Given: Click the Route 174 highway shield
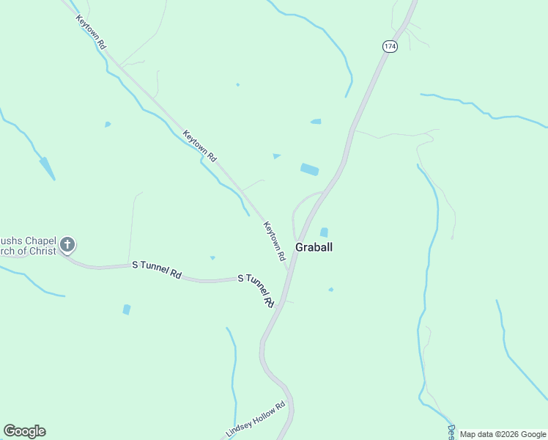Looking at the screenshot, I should pos(389,46).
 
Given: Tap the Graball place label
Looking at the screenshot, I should pos(314,247).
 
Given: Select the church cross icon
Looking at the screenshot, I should pos(67,244).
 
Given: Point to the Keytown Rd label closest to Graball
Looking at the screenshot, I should pos(275,242).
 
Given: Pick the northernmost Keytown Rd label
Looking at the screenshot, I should pos(92,31).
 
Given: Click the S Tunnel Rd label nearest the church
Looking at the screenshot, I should pos(156,269).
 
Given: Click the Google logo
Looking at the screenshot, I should pos(24,431).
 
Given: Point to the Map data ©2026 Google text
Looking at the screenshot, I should pos(503,434).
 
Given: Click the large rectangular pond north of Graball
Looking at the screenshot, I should pos(309,169).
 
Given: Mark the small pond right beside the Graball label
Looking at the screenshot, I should pos(324,232).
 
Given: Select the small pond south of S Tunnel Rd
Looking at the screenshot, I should pos(127,309).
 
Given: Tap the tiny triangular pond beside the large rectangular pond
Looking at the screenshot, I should pos(276,155).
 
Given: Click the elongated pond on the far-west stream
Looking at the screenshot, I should pos(47,168).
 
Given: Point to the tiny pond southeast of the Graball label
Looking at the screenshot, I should pos(330,290).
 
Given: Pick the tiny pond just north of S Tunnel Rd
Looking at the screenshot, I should pos(212,257).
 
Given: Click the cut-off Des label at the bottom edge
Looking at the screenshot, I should pos(451,431).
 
